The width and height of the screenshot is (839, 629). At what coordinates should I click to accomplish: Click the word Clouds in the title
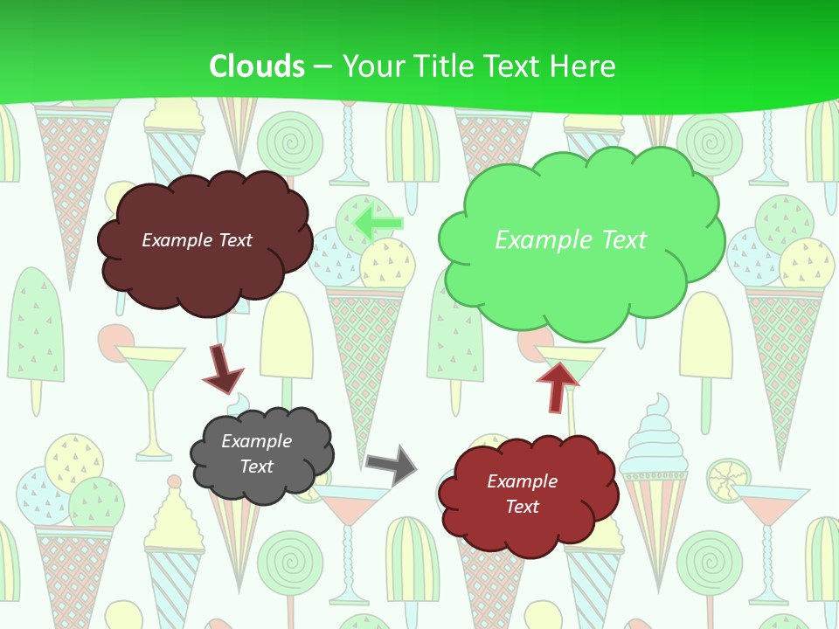coord(257,66)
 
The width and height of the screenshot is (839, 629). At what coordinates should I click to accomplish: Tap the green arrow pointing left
coord(379,222)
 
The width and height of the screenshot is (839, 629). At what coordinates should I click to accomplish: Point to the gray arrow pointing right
coord(392,464)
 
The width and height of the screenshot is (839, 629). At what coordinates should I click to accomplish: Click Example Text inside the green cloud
coord(571,240)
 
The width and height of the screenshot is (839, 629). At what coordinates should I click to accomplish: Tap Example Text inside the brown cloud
coord(197,240)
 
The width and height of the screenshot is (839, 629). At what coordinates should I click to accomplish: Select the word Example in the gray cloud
coord(256,441)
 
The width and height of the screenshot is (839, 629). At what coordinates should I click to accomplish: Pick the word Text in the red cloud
coord(522,507)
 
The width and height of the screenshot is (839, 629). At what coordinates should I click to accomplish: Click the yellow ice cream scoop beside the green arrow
coord(388,262)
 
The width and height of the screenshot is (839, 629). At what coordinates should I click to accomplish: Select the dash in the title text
coord(323,66)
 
